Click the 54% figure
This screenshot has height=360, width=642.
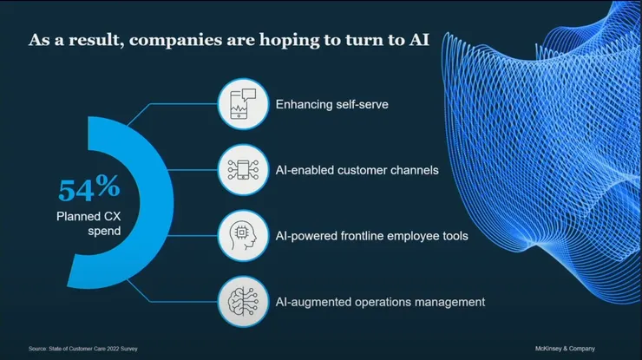coord(88,188)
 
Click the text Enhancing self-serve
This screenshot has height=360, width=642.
coord(331,105)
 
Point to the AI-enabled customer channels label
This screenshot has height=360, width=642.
coord(357,170)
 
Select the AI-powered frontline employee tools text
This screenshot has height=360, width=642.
coord(371,236)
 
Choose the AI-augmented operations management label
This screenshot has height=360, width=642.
coord(379,302)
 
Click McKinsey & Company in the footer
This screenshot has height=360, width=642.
coord(564,349)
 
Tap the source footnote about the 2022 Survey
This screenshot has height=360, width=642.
coord(82,349)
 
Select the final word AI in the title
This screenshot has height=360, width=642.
coord(418,40)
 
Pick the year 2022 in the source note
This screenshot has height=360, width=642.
coord(108,349)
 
